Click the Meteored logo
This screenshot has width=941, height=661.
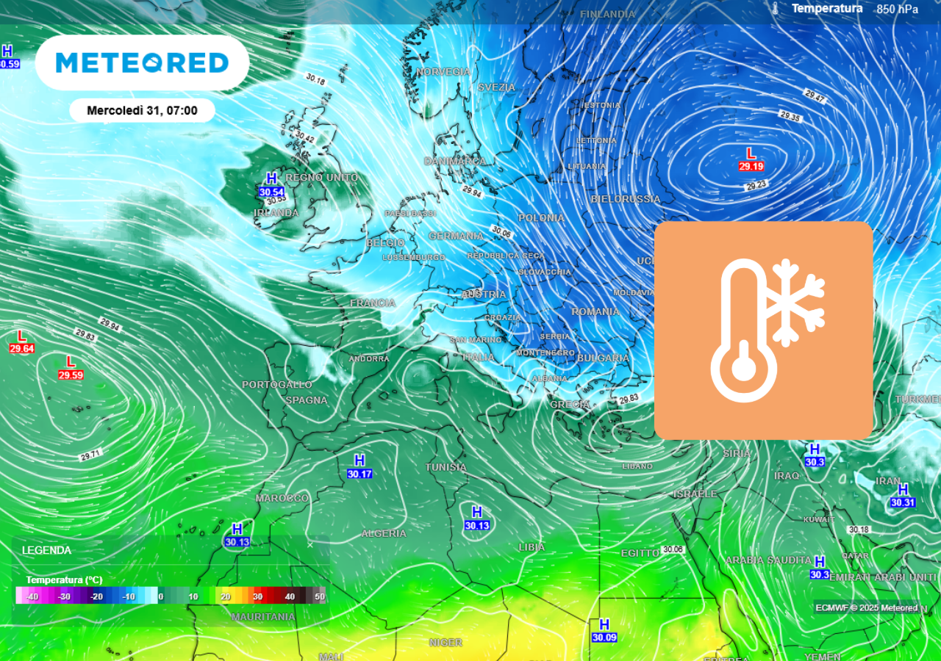click(x=142, y=62)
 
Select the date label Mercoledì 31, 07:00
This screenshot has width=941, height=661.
click(x=142, y=111)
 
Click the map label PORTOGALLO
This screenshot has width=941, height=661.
click(x=277, y=385)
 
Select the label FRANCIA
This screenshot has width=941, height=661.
click(x=373, y=303)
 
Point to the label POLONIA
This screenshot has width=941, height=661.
click(x=541, y=218)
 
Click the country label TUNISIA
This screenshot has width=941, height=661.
click(x=446, y=467)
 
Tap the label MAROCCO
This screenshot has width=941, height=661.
click(x=282, y=498)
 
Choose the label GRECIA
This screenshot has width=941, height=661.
click(x=570, y=405)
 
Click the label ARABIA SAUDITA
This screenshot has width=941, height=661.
click(x=768, y=560)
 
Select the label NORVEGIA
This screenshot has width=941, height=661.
click(x=443, y=72)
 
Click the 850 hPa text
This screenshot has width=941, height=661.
click(x=897, y=10)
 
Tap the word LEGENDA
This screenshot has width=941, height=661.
click(x=46, y=550)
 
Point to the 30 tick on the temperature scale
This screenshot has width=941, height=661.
click(x=257, y=597)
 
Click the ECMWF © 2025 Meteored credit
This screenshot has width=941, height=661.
click(x=866, y=607)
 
